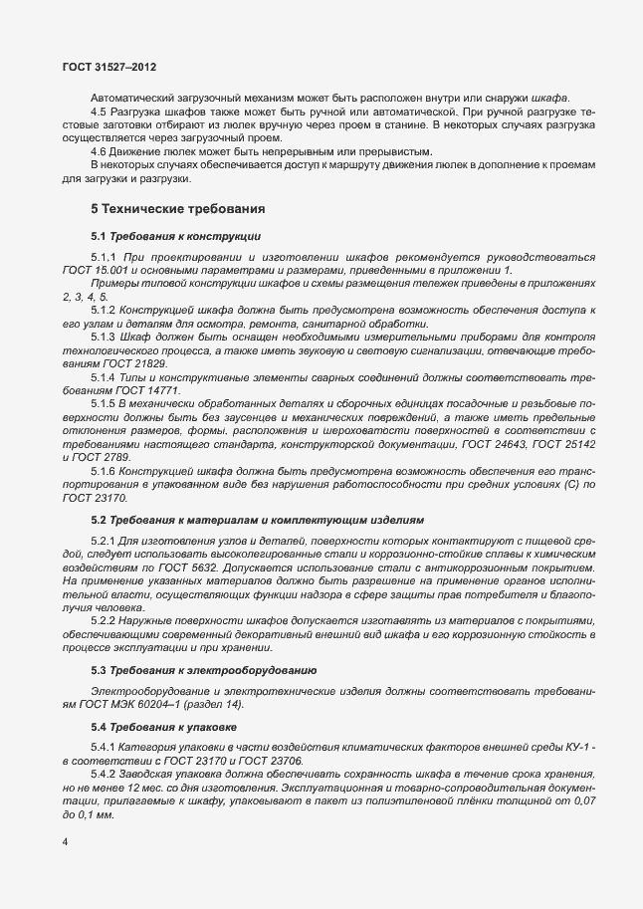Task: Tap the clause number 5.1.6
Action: coord(105,469)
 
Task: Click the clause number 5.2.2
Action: coord(105,621)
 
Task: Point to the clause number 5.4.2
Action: coord(105,774)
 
